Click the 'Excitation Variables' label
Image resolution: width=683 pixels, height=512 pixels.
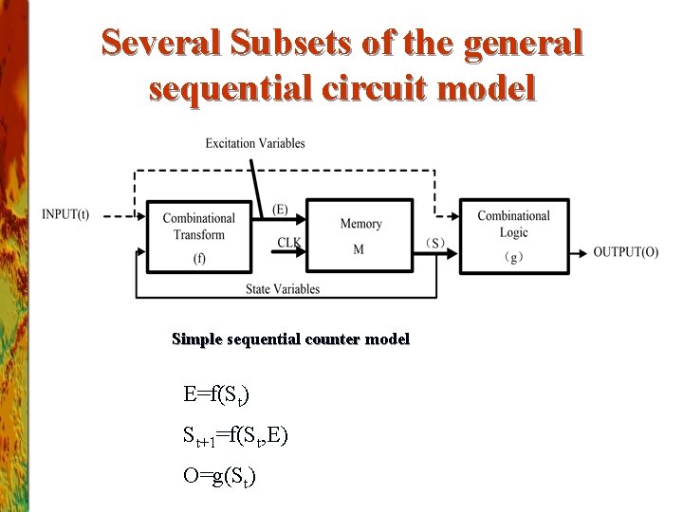(255, 143)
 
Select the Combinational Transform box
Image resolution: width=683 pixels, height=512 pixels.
(199, 235)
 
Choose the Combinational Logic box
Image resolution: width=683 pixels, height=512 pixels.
(514, 235)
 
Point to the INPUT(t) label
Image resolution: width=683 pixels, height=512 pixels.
(65, 213)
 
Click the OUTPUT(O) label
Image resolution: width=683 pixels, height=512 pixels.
(625, 251)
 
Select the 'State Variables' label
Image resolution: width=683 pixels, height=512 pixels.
(283, 288)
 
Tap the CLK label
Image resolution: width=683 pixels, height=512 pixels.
(289, 243)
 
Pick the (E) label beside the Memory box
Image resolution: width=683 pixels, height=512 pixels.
(281, 210)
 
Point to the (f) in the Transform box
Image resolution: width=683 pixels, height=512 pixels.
(199, 257)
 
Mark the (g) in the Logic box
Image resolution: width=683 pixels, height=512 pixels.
(514, 257)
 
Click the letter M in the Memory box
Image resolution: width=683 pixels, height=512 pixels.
(359, 249)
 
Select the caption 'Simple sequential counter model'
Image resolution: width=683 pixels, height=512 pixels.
(290, 338)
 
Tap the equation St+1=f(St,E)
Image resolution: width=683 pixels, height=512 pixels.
(235, 436)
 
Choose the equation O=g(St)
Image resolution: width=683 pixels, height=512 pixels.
(219, 476)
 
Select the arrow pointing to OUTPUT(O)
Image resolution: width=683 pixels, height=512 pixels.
(579, 252)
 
